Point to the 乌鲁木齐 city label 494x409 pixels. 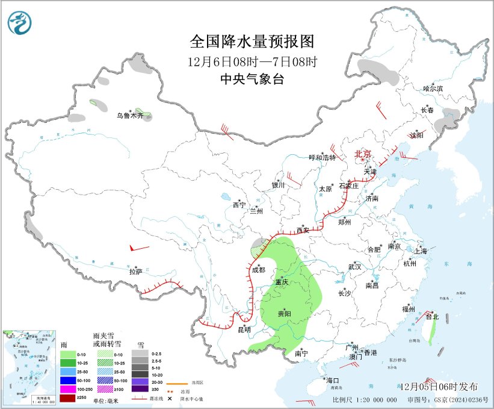pos(130,116)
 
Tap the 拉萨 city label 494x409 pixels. pos(135,272)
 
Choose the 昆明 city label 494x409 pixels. pos(244,329)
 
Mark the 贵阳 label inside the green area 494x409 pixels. pos(284,314)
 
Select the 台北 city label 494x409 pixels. pos(432,316)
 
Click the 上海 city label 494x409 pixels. pos(421,251)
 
